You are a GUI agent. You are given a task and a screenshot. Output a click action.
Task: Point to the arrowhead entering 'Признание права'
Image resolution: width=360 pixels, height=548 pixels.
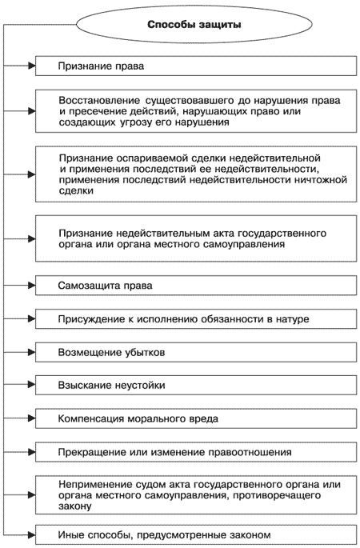click(31, 66)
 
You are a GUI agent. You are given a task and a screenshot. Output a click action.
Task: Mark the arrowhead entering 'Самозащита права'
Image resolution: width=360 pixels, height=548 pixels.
click(31, 286)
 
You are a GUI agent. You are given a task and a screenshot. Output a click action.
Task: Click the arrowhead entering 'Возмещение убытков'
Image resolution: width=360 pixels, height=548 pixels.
click(31, 352)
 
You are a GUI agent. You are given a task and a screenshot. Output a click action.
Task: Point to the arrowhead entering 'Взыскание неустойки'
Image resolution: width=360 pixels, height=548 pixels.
click(31, 385)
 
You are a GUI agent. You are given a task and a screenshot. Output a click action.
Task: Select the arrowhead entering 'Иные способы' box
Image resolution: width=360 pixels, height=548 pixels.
click(31, 533)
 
